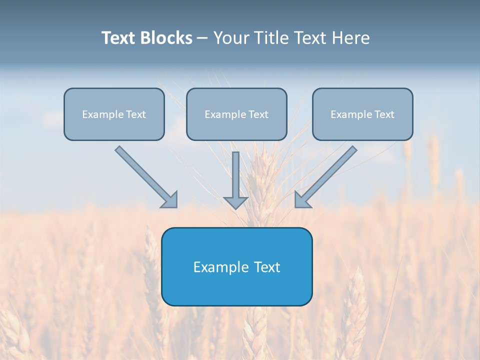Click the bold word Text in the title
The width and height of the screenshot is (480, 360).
point(118,38)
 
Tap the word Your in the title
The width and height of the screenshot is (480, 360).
point(231,38)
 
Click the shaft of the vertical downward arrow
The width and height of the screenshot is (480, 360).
point(236,172)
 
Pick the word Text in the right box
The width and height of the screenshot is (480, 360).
point(384,114)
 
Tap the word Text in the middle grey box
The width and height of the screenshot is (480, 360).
point(258,114)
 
